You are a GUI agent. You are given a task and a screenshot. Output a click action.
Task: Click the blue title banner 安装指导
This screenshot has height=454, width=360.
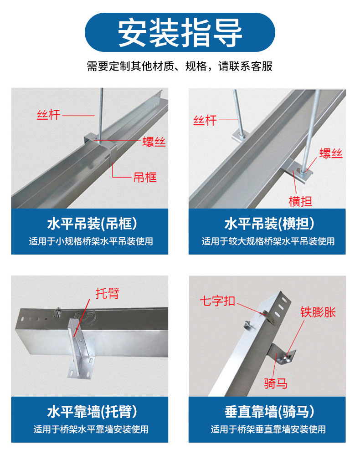pyautogui.click(x=180, y=32)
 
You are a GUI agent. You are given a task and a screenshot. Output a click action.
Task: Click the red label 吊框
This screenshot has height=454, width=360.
pyautogui.click(x=145, y=178)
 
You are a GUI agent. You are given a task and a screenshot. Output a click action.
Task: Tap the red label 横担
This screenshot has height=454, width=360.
pyautogui.click(x=300, y=201)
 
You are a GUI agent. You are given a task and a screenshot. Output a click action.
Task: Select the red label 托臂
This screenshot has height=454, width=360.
pyautogui.click(x=108, y=293)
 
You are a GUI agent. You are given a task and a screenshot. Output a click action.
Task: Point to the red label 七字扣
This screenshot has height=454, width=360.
pyautogui.click(x=217, y=301)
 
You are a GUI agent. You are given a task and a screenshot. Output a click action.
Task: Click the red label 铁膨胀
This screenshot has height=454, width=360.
pyautogui.click(x=318, y=312)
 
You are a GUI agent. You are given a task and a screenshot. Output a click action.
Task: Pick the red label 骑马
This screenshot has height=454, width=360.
pyautogui.click(x=276, y=383)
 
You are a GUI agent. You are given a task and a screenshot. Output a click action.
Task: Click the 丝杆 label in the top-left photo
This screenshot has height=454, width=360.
pyautogui.click(x=48, y=115)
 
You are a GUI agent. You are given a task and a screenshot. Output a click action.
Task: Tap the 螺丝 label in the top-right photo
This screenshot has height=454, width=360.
pyautogui.click(x=331, y=153)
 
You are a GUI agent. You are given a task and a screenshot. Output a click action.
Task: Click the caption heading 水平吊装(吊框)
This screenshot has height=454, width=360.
pyautogui.click(x=92, y=224)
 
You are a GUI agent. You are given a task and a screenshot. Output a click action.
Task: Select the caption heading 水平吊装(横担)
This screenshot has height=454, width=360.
pyautogui.click(x=269, y=224)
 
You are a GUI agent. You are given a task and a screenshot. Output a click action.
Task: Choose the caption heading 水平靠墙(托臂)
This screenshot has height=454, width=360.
pyautogui.click(x=92, y=412)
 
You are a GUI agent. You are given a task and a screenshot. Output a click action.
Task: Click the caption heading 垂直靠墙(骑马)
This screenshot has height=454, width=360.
pyautogui.click(x=269, y=412)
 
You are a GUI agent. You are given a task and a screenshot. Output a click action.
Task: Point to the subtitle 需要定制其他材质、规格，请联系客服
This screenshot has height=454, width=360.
pyautogui.click(x=180, y=66)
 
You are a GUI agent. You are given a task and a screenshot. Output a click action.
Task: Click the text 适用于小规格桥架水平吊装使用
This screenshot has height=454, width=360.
pyautogui.click(x=91, y=241)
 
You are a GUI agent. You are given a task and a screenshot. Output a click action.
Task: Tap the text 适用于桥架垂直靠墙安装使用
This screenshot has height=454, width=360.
pyautogui.click(x=268, y=429)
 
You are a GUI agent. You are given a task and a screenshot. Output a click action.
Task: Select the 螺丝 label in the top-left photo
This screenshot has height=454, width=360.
pyautogui.click(x=154, y=142)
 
